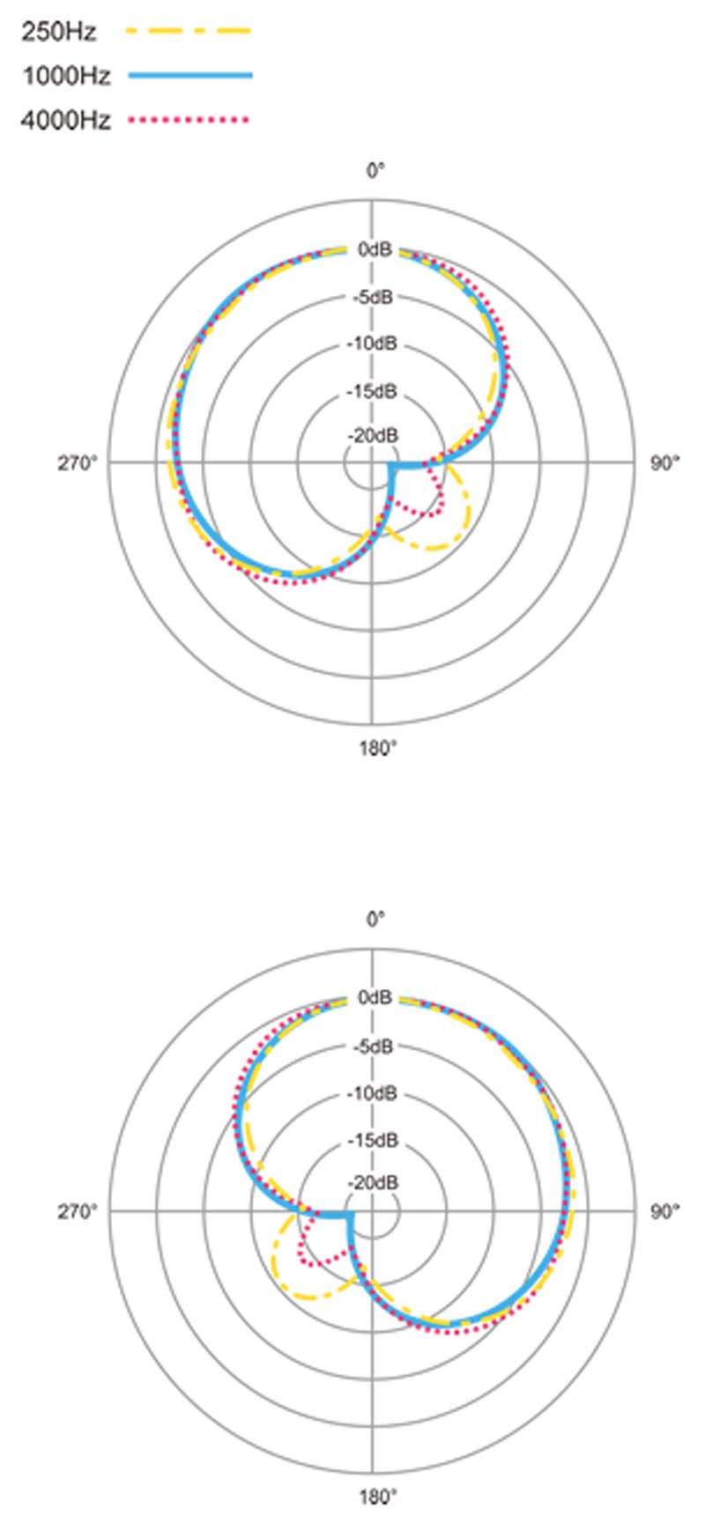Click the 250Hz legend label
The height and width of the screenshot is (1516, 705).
[58, 33]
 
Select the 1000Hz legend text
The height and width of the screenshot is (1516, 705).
[66, 77]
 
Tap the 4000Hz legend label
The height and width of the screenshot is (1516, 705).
[66, 120]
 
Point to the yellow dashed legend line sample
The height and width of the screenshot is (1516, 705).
[189, 32]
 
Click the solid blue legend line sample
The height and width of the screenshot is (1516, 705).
[190, 76]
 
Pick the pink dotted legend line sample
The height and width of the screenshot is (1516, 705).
[189, 119]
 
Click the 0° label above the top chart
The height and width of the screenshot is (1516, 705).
[376, 170]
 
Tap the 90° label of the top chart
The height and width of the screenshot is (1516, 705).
[665, 463]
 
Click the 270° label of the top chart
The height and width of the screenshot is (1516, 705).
[78, 463]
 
